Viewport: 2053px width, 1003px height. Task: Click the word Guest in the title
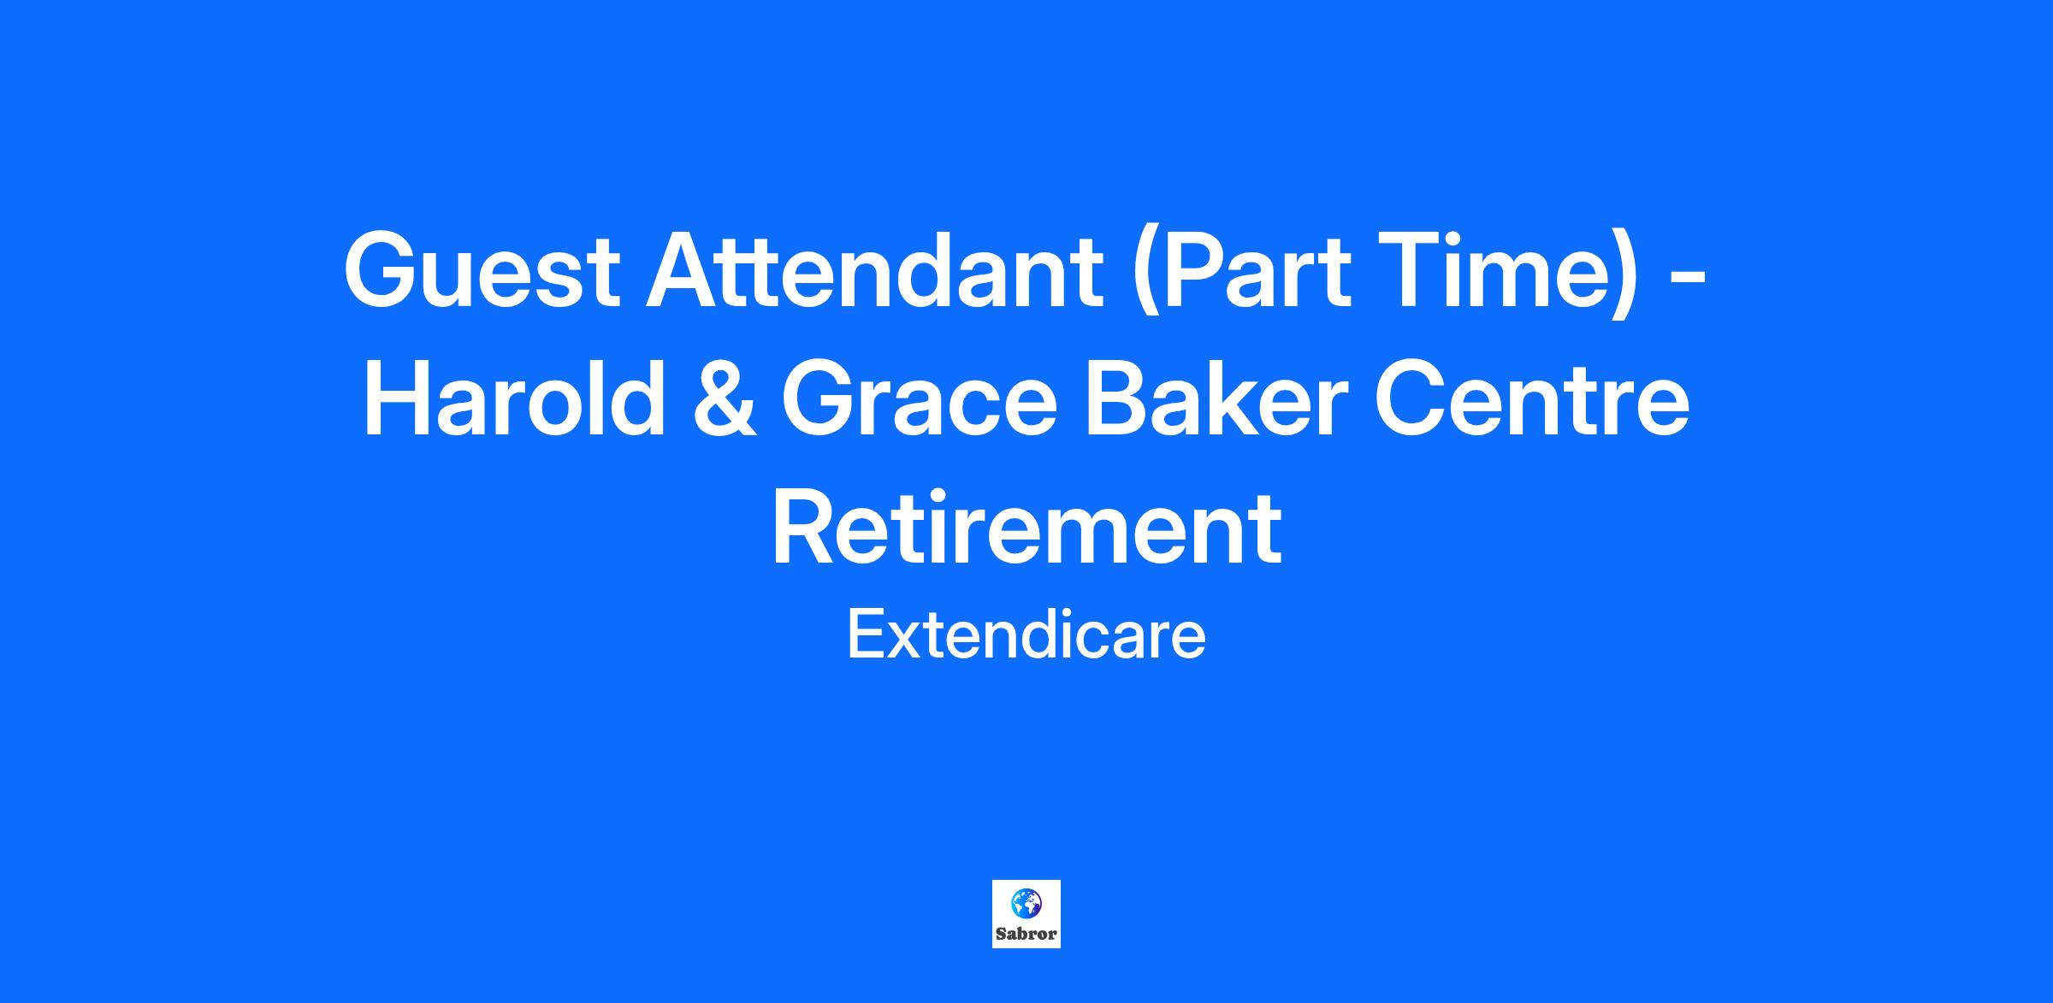pyautogui.click(x=481, y=270)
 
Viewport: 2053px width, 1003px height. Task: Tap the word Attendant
pyautogui.click(x=873, y=270)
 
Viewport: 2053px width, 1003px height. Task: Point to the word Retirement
pyautogui.click(x=1026, y=527)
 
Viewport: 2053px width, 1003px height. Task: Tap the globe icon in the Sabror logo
pyautogui.click(x=1025, y=901)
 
